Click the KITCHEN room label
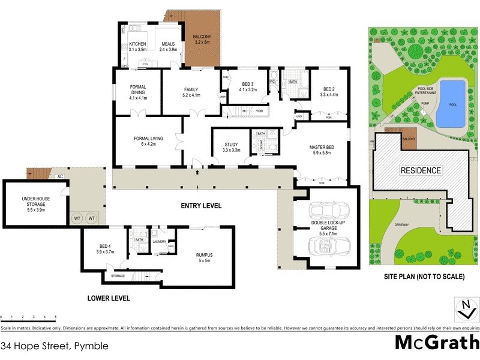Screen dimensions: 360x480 point(138,44)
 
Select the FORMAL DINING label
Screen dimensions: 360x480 point(138,90)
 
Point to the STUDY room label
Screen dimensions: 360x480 point(231,145)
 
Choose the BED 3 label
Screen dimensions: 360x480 point(248,84)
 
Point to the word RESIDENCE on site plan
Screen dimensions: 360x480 point(420,170)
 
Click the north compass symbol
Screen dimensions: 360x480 point(463,310)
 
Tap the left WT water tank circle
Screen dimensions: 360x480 point(77,218)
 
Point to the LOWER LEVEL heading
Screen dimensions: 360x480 point(109,298)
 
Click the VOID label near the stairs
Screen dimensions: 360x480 point(259,111)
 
